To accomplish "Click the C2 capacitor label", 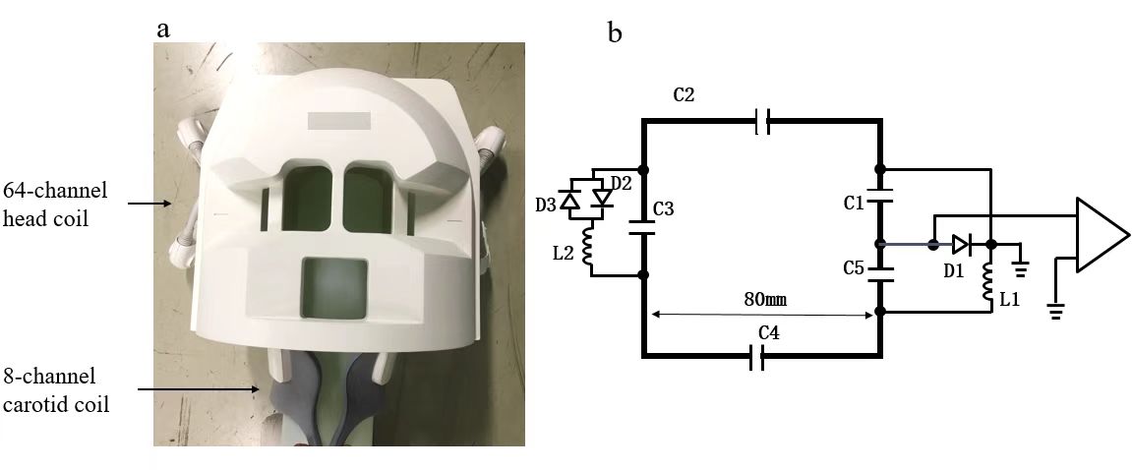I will (685, 96).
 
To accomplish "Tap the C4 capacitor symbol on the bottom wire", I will (759, 359).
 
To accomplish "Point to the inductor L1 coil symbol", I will (990, 281).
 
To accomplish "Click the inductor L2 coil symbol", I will (590, 248).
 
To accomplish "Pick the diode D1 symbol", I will (961, 245).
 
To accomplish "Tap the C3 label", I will (664, 208).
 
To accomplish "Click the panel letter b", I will (616, 33).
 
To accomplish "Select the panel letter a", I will (163, 29).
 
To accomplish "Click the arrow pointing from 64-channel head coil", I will (151, 204).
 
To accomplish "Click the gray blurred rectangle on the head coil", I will (339, 122).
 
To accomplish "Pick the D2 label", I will (620, 184).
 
